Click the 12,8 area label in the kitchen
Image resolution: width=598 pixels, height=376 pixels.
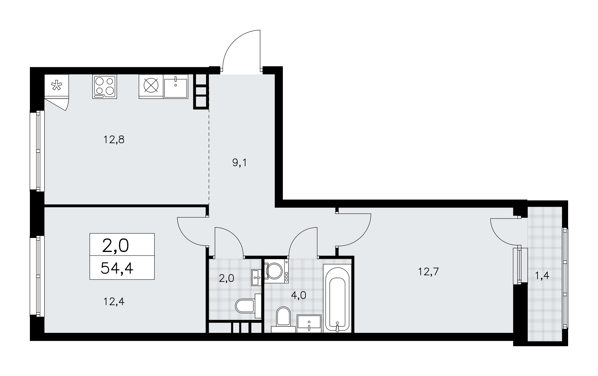pos(114,140)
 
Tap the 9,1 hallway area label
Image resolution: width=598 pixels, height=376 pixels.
pos(239,163)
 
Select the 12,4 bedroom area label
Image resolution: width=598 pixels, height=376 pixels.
pos(114,302)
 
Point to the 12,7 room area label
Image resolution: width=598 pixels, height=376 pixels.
pos(428,272)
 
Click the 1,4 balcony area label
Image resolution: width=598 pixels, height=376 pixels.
pos(542,276)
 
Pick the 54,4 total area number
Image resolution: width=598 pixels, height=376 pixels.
pos(117,268)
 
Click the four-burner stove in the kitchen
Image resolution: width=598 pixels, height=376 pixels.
pos(104,87)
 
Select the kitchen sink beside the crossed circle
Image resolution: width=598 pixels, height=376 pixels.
pos(176,87)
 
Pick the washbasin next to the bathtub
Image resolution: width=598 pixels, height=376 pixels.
pos(309,323)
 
